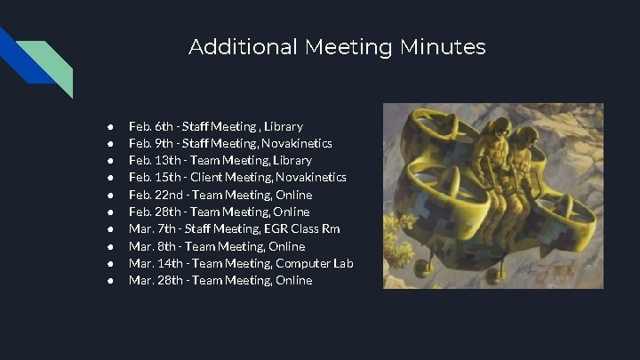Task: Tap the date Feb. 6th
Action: pos(148,126)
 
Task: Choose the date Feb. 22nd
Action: pos(152,195)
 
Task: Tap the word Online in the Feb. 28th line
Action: pos(292,212)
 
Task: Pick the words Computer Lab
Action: pos(315,263)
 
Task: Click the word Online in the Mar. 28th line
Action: pos(294,280)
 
